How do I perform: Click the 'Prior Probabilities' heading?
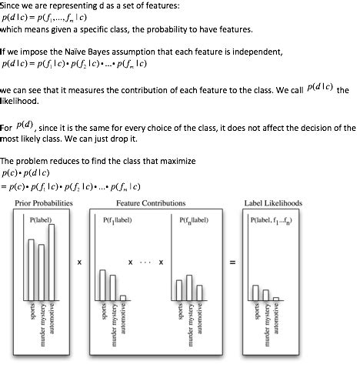[45, 203]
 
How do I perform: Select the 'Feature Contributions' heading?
[151, 203]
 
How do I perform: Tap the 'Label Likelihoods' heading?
[273, 203]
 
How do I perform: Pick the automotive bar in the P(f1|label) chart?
[123, 297]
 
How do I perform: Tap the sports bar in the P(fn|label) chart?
[178, 289]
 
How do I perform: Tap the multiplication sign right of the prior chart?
[79, 263]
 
